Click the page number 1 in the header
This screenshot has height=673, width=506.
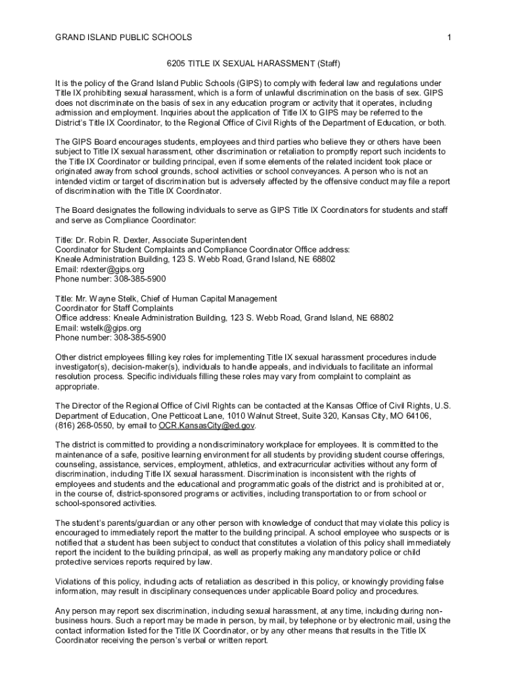pyautogui.click(x=448, y=37)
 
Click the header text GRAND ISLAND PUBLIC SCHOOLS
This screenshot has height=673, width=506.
pyautogui.click(x=124, y=37)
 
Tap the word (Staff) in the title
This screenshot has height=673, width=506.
pyautogui.click(x=329, y=64)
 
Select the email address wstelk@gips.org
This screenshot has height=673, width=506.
pyautogui.click(x=110, y=328)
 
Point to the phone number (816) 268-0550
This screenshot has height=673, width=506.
pyautogui.click(x=82, y=425)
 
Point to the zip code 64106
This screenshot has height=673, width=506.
pyautogui.click(x=417, y=415)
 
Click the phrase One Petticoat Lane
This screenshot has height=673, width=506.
pyautogui.click(x=182, y=415)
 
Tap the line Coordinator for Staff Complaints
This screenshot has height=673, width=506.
pyautogui.click(x=114, y=308)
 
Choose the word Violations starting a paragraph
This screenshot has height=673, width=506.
pyautogui.click(x=74, y=582)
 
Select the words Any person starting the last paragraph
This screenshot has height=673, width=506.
pyautogui.click(x=77, y=611)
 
